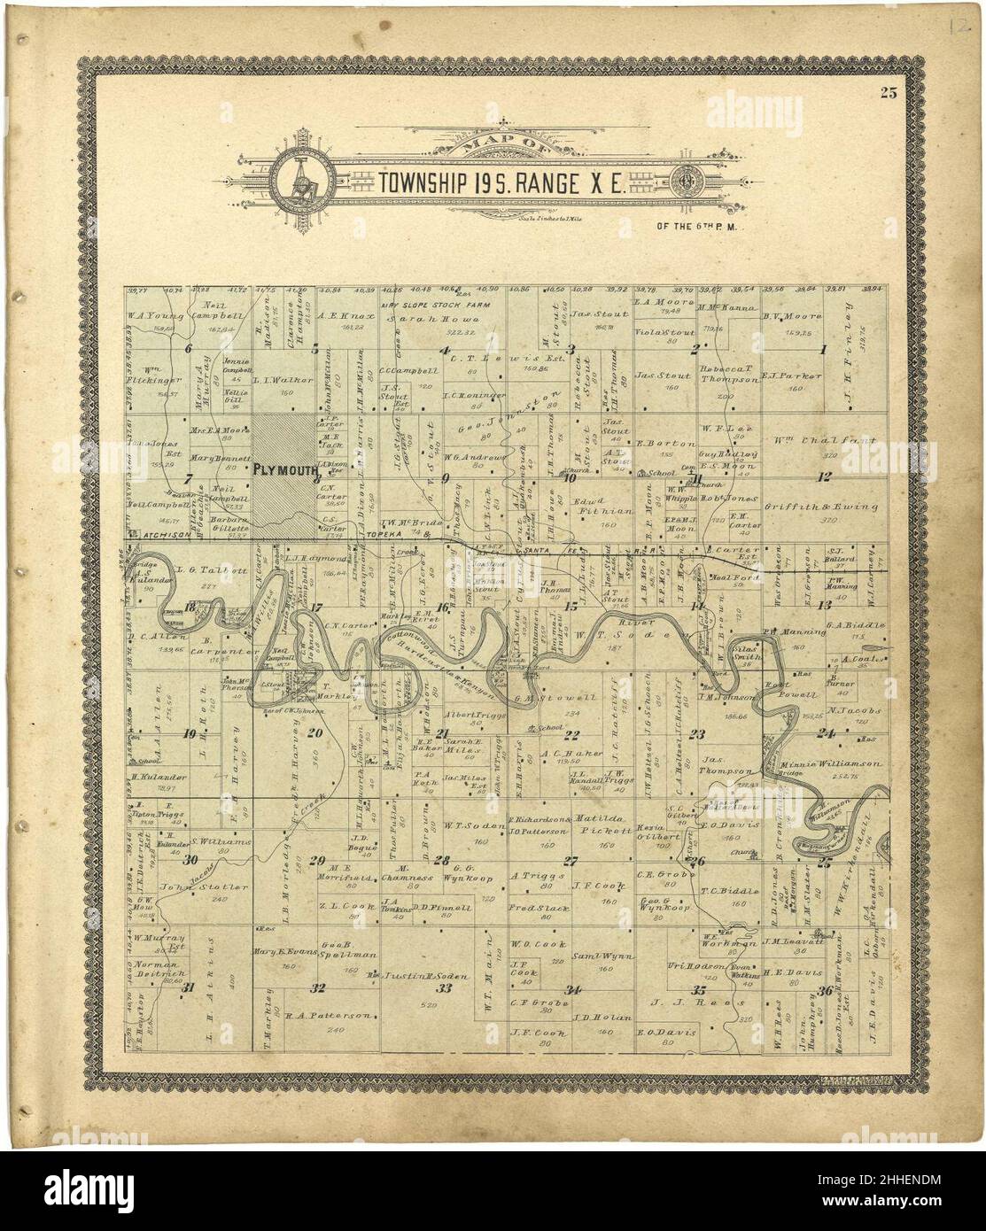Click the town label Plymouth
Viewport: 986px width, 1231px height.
(283, 470)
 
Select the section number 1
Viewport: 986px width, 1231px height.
(823, 349)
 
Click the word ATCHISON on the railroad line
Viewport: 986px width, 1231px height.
(166, 534)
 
